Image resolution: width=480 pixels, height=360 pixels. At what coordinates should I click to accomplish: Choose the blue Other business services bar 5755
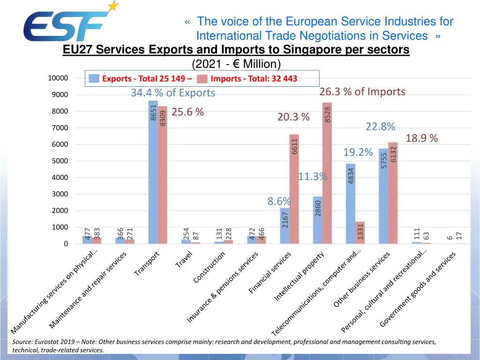point(383,197)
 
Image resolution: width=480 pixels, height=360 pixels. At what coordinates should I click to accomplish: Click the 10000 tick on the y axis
point(58,78)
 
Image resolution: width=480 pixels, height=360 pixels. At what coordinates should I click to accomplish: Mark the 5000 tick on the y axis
point(60,161)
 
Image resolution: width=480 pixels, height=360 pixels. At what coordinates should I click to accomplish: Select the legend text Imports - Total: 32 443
point(254,79)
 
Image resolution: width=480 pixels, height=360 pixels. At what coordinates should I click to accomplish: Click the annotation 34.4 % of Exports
point(172,93)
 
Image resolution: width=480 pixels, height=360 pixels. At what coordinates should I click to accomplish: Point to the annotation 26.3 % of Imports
point(362,91)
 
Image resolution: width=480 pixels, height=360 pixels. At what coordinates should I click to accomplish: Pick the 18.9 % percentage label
point(421,138)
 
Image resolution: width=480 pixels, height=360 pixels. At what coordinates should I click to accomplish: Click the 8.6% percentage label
point(279,201)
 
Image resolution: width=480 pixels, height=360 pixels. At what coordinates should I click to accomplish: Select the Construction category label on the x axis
point(210,267)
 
